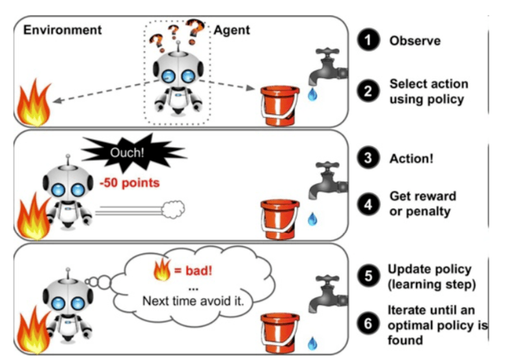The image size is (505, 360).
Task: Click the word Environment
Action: tap(62, 30)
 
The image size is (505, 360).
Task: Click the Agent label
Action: tap(232, 30)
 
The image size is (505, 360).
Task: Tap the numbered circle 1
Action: tap(368, 40)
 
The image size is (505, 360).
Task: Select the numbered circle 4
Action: tap(368, 204)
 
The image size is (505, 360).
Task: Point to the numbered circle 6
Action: tap(368, 324)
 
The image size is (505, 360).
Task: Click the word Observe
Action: tap(415, 41)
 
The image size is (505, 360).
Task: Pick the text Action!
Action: tap(411, 158)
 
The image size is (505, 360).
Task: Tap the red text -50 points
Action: tap(130, 182)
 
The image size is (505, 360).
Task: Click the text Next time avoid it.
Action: tap(193, 301)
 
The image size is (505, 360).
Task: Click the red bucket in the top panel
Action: tap(279, 105)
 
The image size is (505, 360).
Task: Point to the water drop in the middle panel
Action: tap(312, 219)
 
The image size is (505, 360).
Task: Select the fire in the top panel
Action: tap(33, 103)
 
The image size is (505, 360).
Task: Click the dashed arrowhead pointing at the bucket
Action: tap(251, 87)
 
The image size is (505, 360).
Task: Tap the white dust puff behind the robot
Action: tap(174, 209)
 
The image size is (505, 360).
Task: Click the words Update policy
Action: tap(429, 269)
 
